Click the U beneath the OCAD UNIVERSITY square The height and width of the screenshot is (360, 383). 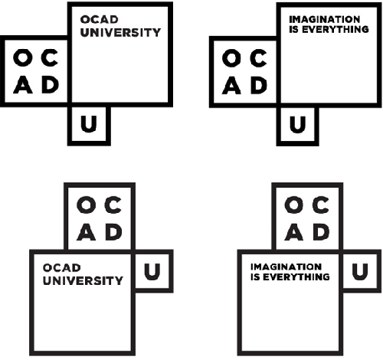(x=89, y=124)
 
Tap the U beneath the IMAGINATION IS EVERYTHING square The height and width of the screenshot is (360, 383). (x=297, y=125)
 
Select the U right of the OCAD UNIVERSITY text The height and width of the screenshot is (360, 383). (x=152, y=272)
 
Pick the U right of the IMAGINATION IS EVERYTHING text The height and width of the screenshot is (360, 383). (x=360, y=272)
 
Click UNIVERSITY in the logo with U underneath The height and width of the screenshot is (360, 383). (x=120, y=33)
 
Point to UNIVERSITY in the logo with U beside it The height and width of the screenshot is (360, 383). (x=83, y=280)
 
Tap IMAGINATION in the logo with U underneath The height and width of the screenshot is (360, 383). (x=325, y=19)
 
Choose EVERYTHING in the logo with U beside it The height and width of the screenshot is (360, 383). (x=296, y=277)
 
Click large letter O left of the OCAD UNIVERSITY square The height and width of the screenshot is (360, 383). (x=23, y=58)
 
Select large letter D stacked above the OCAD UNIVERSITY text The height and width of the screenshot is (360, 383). (x=114, y=232)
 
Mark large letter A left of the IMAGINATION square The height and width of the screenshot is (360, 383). (x=231, y=85)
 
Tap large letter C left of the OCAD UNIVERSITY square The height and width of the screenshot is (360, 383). (x=50, y=58)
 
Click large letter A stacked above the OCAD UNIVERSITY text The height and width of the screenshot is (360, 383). (x=87, y=232)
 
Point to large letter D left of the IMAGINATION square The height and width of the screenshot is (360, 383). (x=259, y=85)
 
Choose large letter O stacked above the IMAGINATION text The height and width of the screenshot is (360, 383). (x=294, y=205)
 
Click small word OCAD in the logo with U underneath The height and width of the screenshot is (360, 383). (x=100, y=20)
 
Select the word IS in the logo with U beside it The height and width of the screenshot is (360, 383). (x=256, y=277)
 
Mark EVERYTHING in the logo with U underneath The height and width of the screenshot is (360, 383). (x=336, y=29)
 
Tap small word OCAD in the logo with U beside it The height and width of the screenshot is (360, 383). (x=62, y=268)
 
